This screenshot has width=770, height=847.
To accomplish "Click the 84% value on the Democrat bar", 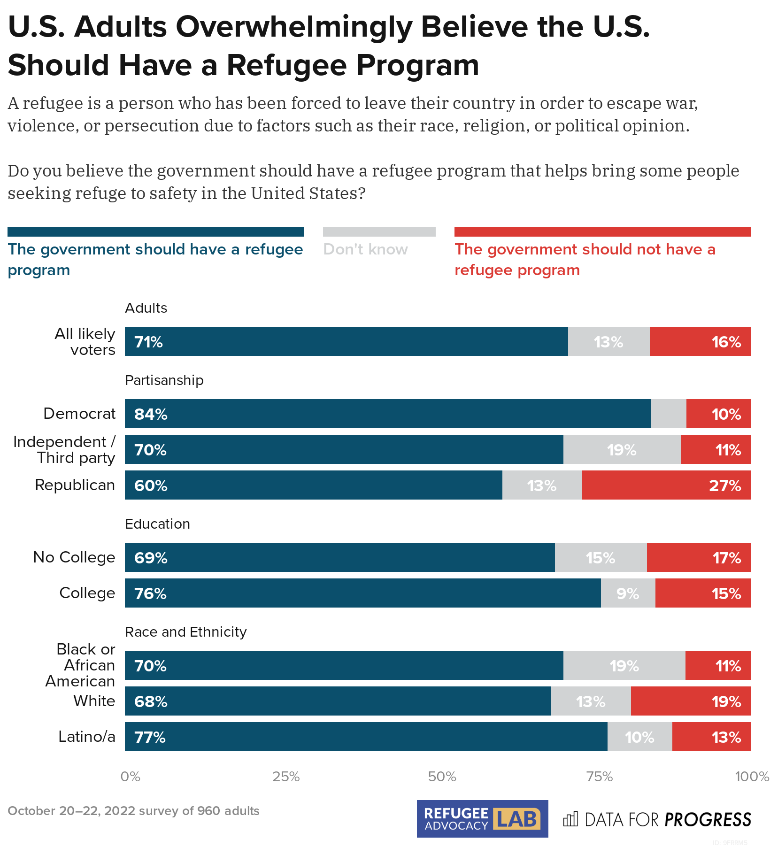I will point(151,414).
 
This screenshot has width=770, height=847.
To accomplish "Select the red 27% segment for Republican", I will point(667,485).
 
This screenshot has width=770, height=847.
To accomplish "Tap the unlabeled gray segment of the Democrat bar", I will point(669,414).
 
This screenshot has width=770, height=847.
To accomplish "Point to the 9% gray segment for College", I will point(628,593).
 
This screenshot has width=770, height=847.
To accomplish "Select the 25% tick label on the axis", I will point(286,777).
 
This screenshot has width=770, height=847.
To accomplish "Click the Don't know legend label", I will point(365,249).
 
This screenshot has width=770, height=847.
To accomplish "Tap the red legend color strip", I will point(602,232).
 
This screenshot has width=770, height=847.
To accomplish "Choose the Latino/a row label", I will point(87,737).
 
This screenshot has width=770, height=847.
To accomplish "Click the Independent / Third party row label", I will point(64,450).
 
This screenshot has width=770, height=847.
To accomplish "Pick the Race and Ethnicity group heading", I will point(185,632).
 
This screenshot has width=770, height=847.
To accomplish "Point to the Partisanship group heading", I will point(164,380).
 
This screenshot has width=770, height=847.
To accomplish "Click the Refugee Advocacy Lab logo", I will point(482,819).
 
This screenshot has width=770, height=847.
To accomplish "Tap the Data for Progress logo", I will point(657,820).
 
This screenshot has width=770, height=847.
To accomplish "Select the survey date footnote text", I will point(133,811).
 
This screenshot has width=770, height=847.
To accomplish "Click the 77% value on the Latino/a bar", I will point(150,737).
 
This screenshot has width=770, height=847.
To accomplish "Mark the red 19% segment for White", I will point(691,701).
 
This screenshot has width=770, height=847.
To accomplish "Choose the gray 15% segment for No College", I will point(601,558).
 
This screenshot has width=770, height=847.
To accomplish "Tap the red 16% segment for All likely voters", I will point(700,342).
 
